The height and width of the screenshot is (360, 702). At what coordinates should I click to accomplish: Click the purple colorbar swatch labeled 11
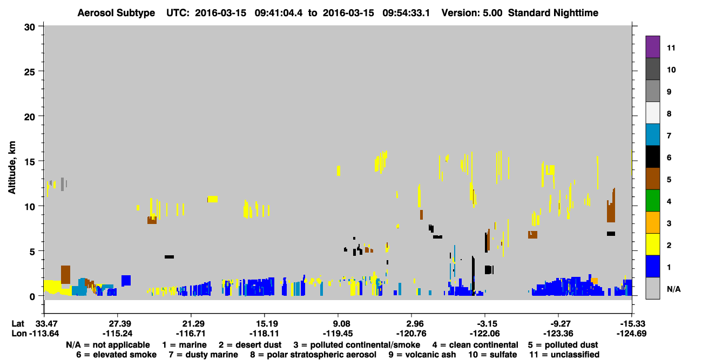pyautogui.click(x=653, y=46)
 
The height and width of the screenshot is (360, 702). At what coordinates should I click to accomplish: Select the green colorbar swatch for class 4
pyautogui.click(x=653, y=201)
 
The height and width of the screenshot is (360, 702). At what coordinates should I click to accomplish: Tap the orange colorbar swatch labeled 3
pyautogui.click(x=653, y=222)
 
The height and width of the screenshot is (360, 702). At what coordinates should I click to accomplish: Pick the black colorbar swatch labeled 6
pyautogui.click(x=653, y=157)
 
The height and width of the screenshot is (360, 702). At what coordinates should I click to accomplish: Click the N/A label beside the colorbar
pyautogui.click(x=673, y=289)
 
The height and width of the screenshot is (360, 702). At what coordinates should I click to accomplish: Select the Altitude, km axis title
pyautogui.click(x=11, y=168)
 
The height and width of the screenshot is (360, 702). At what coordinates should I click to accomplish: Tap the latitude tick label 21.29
pyautogui.click(x=191, y=324)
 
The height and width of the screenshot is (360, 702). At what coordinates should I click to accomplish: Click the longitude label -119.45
pyautogui.click(x=338, y=334)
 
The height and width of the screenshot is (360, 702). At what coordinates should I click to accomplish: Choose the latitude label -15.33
pyautogui.click(x=631, y=324)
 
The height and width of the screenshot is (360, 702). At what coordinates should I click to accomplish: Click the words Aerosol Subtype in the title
pyautogui.click(x=116, y=13)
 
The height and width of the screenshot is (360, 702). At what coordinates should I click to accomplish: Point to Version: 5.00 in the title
pyautogui.click(x=471, y=13)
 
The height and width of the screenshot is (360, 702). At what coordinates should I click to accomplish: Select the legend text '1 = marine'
pyautogui.click(x=184, y=345)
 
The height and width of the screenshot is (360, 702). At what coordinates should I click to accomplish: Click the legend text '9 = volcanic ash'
pyautogui.click(x=422, y=355)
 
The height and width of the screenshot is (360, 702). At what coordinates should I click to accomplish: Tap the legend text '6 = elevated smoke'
pyautogui.click(x=116, y=355)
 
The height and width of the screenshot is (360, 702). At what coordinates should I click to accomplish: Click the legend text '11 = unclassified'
pyautogui.click(x=564, y=355)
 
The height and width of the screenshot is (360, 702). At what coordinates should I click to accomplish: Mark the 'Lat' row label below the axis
pyautogui.click(x=18, y=324)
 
